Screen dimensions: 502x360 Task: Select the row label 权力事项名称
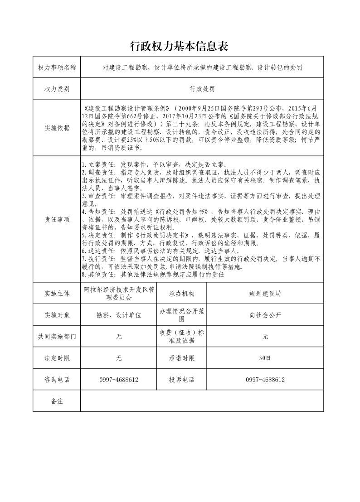pyautogui.click(x=57, y=68)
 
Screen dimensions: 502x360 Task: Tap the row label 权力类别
pyautogui.click(x=57, y=89)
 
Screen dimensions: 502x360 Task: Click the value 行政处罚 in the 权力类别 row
pyautogui.click(x=202, y=89)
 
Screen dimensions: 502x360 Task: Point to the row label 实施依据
pyautogui.click(x=57, y=128)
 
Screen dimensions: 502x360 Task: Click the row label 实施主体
pyautogui.click(x=57, y=294)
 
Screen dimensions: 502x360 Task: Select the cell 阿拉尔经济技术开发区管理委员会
pyautogui.click(x=119, y=294)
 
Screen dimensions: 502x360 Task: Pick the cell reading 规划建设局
pyautogui.click(x=265, y=294)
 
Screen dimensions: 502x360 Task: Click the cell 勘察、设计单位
pyautogui.click(x=119, y=315)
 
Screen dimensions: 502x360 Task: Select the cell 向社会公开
pyautogui.click(x=265, y=315)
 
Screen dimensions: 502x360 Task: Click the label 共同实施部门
pyautogui.click(x=57, y=337)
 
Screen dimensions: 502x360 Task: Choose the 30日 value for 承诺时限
pyautogui.click(x=265, y=358)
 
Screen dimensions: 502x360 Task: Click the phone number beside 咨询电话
pyautogui.click(x=119, y=380)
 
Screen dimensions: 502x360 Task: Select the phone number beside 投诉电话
pyautogui.click(x=265, y=380)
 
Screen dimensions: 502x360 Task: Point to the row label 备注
pyautogui.click(x=57, y=401)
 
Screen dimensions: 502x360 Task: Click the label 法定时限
pyautogui.click(x=57, y=358)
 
